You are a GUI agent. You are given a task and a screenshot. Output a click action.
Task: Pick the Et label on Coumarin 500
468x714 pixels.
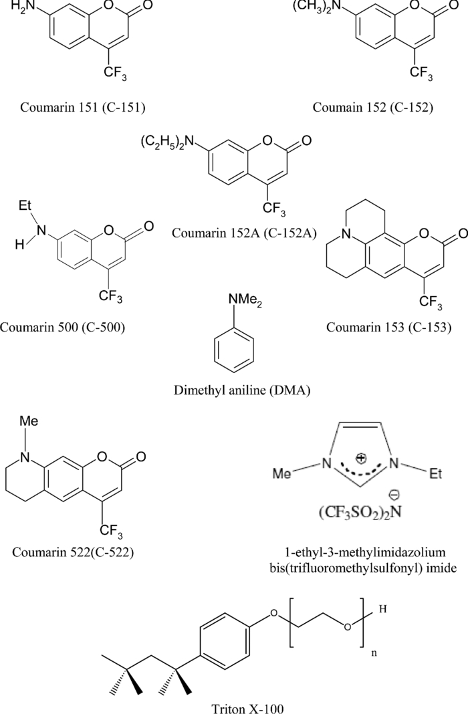pyautogui.click(x=25, y=209)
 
